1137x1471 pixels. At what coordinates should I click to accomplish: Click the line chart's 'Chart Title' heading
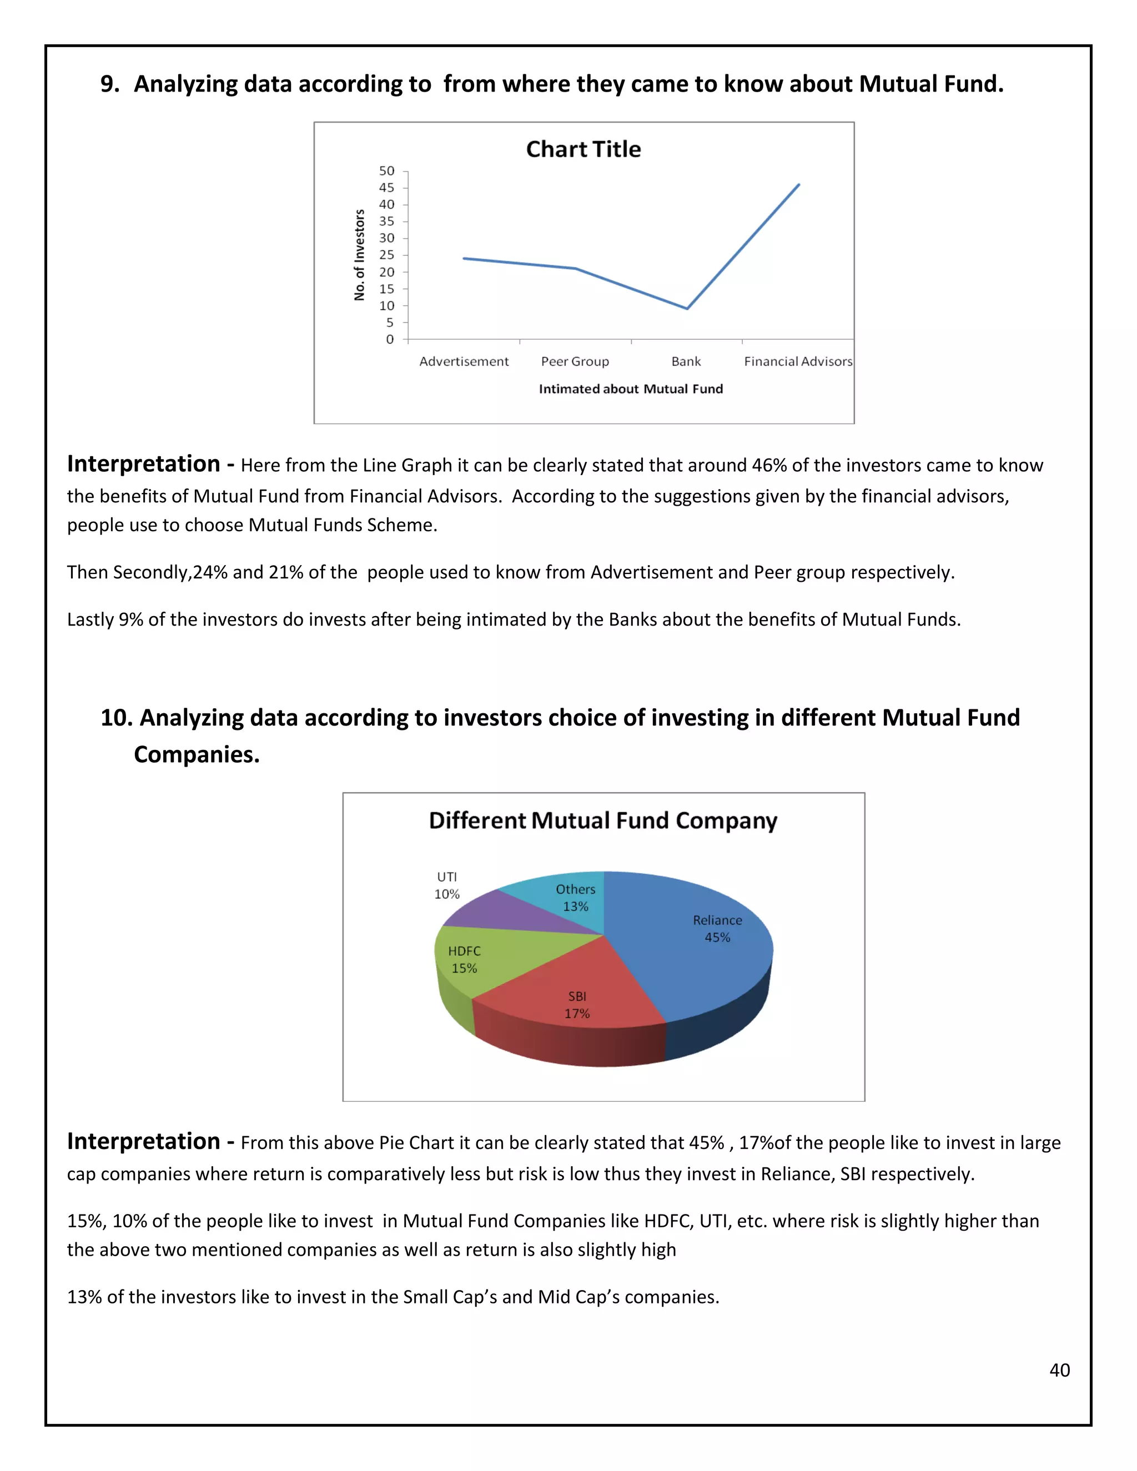[583, 149]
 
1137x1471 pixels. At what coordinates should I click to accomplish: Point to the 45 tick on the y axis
[386, 188]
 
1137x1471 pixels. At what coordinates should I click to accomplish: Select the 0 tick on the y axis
[389, 340]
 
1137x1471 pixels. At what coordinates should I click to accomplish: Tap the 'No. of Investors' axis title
[360, 255]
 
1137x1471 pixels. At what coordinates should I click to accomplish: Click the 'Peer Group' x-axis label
[575, 362]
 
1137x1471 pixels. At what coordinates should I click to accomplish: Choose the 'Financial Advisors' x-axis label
[798, 362]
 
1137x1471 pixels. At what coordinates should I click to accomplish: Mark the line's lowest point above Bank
[686, 309]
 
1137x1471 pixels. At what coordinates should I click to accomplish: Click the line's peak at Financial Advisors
[798, 184]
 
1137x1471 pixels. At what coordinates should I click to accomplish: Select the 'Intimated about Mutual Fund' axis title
[631, 389]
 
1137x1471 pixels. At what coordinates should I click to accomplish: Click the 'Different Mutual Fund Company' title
[603, 821]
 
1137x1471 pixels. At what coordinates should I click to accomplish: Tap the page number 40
[1059, 1370]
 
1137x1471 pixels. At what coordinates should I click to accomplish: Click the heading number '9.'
[110, 84]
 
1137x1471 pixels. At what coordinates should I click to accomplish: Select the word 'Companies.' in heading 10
[197, 754]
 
